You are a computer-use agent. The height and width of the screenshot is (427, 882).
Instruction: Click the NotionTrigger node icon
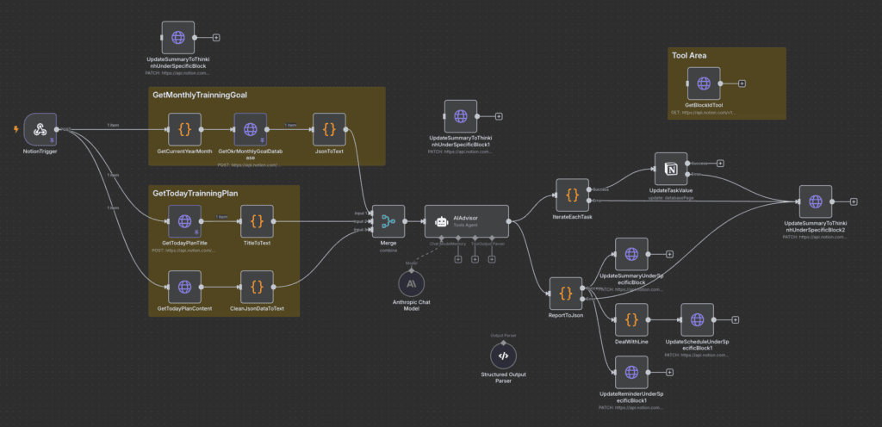[x=40, y=130]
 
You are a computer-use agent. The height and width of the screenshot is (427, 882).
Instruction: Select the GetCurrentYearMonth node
[x=184, y=130]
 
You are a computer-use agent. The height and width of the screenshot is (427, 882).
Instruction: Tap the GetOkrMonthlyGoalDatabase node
[x=250, y=130]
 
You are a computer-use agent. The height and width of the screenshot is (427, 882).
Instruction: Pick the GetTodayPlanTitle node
[x=184, y=221]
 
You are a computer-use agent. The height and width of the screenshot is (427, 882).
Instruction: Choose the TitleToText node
[x=257, y=221]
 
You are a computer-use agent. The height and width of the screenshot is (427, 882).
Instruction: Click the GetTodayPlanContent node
[x=184, y=287]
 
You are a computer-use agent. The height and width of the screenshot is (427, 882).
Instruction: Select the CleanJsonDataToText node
[x=257, y=287]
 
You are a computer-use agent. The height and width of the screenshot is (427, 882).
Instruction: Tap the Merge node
[x=388, y=221]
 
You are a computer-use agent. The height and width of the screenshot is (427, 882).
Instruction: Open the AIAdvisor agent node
[x=466, y=221]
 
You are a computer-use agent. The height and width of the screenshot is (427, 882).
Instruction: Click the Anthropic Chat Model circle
[x=413, y=283]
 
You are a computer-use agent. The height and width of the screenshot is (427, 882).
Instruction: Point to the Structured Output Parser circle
[x=504, y=356]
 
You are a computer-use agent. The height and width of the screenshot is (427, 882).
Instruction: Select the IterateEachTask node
[x=573, y=195]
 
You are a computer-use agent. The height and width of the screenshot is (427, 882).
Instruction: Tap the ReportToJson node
[x=566, y=294]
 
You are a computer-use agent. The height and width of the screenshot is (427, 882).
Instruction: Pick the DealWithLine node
[x=631, y=319]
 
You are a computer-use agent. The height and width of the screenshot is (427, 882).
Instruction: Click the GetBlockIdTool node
[x=704, y=84]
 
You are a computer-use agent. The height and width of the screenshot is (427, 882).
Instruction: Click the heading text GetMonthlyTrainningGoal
[x=200, y=95]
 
